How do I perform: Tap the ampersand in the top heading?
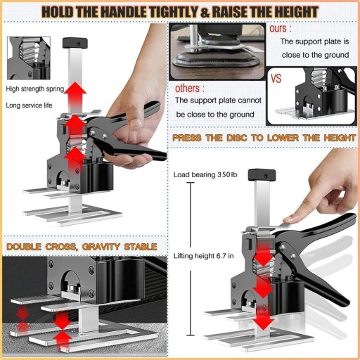[x=205, y=13]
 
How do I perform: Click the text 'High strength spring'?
[x=35, y=89]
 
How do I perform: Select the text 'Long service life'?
[x=29, y=105]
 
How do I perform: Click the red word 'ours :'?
[x=281, y=29]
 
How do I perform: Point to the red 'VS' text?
[x=276, y=78]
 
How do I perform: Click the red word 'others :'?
[x=190, y=89]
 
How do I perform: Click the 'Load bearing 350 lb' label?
[x=205, y=174]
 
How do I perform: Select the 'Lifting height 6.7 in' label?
[x=203, y=256]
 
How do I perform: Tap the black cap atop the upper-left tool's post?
[x=75, y=43]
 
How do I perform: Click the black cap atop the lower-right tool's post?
[x=262, y=175]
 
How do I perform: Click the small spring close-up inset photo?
[x=29, y=58]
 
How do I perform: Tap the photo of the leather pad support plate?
[x=217, y=51]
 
